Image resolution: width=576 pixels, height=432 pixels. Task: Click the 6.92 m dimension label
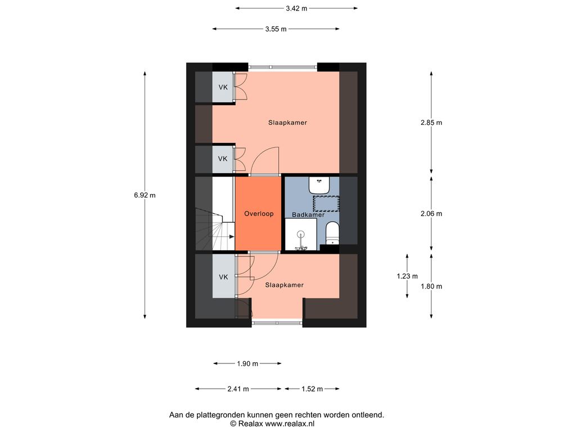[145, 195]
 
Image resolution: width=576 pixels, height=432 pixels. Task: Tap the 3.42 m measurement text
[296, 8]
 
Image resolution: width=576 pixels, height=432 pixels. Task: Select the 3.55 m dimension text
[276, 29]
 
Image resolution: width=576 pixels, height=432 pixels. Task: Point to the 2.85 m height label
[431, 123]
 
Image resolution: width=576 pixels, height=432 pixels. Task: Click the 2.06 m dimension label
[431, 214]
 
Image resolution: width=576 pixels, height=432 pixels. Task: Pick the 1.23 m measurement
[407, 276]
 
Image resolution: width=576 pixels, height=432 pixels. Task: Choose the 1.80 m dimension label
[431, 286]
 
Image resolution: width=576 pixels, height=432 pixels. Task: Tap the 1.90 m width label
[247, 364]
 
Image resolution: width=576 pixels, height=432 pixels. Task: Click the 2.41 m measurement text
[238, 389]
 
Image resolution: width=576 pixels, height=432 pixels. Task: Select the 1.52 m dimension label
[312, 389]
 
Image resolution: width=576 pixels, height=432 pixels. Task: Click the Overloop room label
[259, 214]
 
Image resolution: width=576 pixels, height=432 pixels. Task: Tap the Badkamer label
[308, 214]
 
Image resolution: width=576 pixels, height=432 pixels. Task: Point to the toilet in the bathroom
[332, 233]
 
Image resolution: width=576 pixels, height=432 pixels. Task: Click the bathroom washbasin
[319, 186]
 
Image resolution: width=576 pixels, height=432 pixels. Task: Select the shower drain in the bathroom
[301, 233]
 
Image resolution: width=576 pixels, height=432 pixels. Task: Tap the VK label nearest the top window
[223, 87]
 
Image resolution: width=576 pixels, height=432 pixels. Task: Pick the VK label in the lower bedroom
[223, 277]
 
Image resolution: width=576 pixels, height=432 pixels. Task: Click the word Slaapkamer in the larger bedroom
[287, 123]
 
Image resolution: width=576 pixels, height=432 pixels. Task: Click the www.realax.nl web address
[290, 424]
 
